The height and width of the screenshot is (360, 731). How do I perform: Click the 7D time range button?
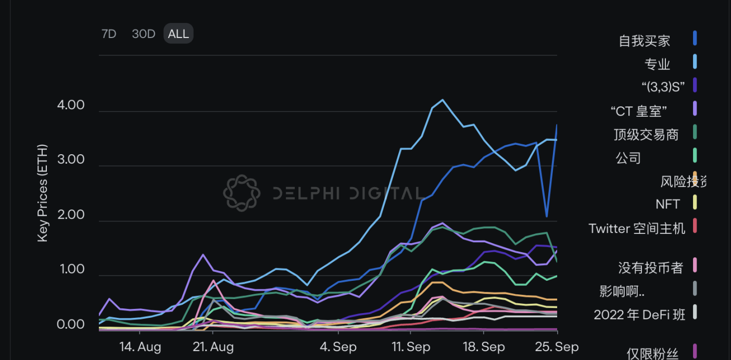pyautogui.click(x=109, y=34)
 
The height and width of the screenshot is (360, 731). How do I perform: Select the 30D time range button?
pyautogui.click(x=144, y=34)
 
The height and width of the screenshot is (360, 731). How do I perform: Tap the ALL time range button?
pyautogui.click(x=179, y=34)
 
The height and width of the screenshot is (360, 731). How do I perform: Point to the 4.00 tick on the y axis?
pyautogui.click(x=70, y=105)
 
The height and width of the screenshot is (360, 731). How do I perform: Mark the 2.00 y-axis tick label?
pyautogui.click(x=70, y=215)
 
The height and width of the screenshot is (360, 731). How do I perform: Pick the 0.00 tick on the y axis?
pyautogui.click(x=70, y=325)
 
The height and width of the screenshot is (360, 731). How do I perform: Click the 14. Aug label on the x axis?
pyautogui.click(x=140, y=347)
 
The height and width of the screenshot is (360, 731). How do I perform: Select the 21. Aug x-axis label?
pyautogui.click(x=213, y=347)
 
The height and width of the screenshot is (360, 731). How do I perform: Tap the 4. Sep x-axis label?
pyautogui.click(x=338, y=347)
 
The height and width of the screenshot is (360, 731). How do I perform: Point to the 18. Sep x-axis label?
pyautogui.click(x=483, y=347)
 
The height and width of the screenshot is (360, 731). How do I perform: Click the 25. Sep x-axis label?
pyautogui.click(x=557, y=347)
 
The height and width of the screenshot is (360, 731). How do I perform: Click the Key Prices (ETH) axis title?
pyautogui.click(x=43, y=193)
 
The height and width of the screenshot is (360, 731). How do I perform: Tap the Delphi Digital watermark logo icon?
pyautogui.click(x=242, y=193)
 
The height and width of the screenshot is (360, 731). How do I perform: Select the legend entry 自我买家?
pyautogui.click(x=644, y=41)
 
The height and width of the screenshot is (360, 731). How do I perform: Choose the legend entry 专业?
pyautogui.click(x=657, y=64)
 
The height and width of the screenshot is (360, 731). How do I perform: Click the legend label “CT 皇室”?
pyautogui.click(x=639, y=111)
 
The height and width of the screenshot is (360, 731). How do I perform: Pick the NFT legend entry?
pyautogui.click(x=667, y=204)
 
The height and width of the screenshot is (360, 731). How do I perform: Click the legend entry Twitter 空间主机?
pyautogui.click(x=637, y=228)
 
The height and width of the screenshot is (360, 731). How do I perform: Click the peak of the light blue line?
pyautogui.click(x=443, y=100)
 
